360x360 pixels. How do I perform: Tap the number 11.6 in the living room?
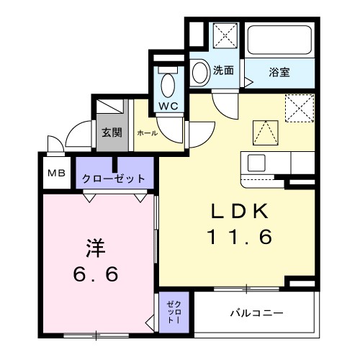[x=240, y=236]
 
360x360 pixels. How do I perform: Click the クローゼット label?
[x=114, y=179]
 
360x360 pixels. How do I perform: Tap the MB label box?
[x=55, y=174]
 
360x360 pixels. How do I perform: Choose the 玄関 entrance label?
[x=111, y=133]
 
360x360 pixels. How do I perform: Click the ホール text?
[x=146, y=133]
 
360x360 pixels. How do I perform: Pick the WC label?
[x=169, y=105]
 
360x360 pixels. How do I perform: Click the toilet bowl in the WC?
[x=169, y=84]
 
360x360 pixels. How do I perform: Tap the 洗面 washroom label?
[x=224, y=71]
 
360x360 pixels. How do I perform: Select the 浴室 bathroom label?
[x=280, y=72]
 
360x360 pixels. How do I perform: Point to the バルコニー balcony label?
[x=257, y=313]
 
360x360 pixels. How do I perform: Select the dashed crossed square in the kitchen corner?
[x=297, y=110]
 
